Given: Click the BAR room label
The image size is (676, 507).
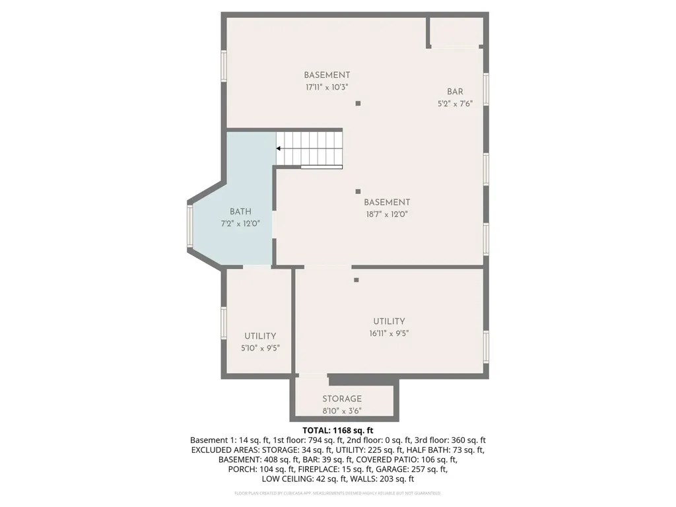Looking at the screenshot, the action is pos(455,91).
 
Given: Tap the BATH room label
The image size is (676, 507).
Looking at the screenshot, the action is pos(240,212).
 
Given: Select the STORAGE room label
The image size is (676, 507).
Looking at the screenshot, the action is pos(342,399).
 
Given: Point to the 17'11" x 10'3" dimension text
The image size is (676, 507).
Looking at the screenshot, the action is pos(327,87).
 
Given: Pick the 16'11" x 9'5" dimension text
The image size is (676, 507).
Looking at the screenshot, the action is pos(389,333).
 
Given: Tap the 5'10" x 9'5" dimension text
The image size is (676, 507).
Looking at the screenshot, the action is pos(260,348).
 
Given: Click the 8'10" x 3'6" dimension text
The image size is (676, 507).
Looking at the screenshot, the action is pos(342,411).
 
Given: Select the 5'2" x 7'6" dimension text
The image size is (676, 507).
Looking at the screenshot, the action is pos(456,104).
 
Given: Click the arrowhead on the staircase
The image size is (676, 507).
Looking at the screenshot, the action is pos(279,149).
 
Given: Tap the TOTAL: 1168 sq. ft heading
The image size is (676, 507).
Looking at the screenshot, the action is pos(337,430).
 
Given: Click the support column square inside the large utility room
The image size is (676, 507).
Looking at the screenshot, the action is pos(356,280).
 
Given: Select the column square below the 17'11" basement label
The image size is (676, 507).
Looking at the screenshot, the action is pos(358,104).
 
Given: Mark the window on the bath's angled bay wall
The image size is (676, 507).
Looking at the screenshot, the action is pos(189,226).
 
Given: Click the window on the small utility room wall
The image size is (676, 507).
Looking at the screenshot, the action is pos(224,322).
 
